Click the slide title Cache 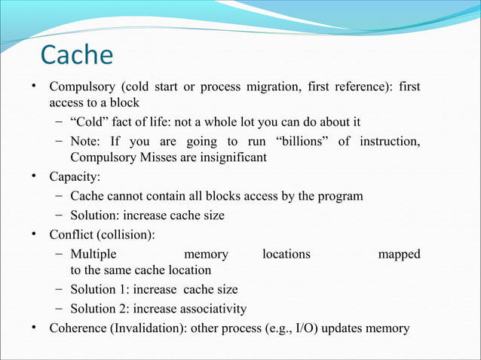tap(76, 55)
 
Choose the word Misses tap(161, 158)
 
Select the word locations tap(286, 255)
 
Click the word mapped tap(399, 255)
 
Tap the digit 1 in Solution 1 tap(118, 289)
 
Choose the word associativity tap(209, 309)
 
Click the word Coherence tap(78, 328)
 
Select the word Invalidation tap(146, 328)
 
